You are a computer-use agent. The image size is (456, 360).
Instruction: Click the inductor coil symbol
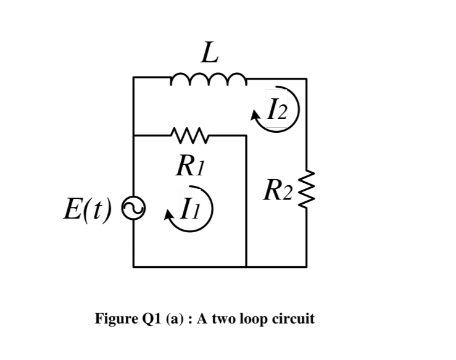point(207,79)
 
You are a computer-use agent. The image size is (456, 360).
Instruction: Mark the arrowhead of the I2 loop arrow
point(256,114)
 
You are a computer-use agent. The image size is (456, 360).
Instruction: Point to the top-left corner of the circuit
point(133,78)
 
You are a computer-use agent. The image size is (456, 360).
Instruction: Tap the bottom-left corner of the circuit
point(133,267)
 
